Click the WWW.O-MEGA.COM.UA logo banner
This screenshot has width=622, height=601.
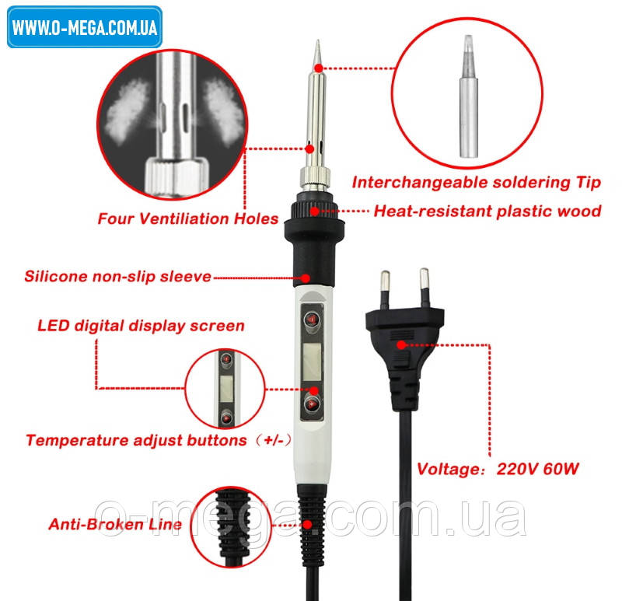pyautogui.click(x=85, y=27)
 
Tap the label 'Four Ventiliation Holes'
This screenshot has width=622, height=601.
pyautogui.click(x=187, y=218)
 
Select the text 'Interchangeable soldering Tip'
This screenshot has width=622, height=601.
pyautogui.click(x=476, y=183)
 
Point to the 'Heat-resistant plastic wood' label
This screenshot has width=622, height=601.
pyautogui.click(x=487, y=211)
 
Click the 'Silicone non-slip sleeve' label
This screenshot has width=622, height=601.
pyautogui.click(x=117, y=276)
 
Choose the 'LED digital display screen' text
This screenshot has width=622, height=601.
pyautogui.click(x=141, y=325)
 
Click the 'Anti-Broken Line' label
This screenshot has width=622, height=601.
pyautogui.click(x=115, y=524)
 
